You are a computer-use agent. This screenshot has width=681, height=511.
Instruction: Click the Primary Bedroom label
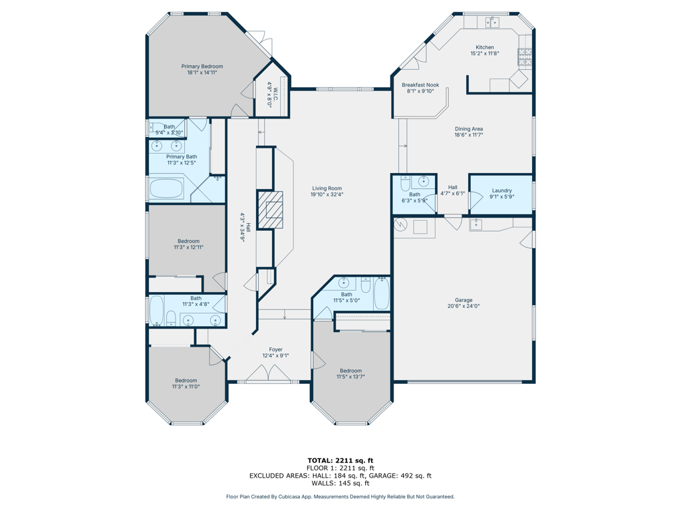tap(202, 67)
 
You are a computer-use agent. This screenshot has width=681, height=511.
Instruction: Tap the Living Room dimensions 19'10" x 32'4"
tap(327, 194)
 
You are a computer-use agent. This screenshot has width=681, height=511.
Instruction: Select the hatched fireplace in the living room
tap(270, 210)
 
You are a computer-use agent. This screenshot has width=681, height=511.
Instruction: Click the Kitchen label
tap(485, 47)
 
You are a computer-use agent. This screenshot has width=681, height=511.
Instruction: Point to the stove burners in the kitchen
tap(525, 57)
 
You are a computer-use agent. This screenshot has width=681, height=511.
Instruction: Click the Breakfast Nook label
tap(420, 85)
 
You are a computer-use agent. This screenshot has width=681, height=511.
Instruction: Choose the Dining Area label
tap(469, 128)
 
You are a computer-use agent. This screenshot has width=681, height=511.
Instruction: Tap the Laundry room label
tap(501, 190)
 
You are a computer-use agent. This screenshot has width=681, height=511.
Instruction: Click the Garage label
tap(464, 300)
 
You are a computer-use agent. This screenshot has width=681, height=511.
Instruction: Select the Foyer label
tap(275, 349)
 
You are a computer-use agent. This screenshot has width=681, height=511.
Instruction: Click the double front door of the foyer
tap(269, 373)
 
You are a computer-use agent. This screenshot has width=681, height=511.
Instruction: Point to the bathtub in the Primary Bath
tap(167, 189)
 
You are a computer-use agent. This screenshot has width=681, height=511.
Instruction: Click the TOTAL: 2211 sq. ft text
tap(340, 460)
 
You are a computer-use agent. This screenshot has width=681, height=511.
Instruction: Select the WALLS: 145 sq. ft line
tap(340, 483)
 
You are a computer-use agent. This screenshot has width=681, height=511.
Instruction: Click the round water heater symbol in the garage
tap(400, 225)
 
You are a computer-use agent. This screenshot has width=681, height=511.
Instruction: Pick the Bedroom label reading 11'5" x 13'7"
tap(350, 374)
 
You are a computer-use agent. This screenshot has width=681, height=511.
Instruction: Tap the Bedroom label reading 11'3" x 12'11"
tap(188, 244)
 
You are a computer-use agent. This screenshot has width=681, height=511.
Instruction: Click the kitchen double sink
tap(492, 22)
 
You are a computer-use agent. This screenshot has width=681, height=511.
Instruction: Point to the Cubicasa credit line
tap(340, 496)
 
